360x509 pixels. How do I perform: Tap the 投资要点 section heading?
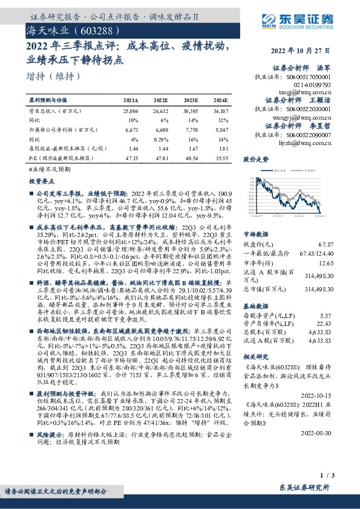pyautogui.click(x=41, y=181)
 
